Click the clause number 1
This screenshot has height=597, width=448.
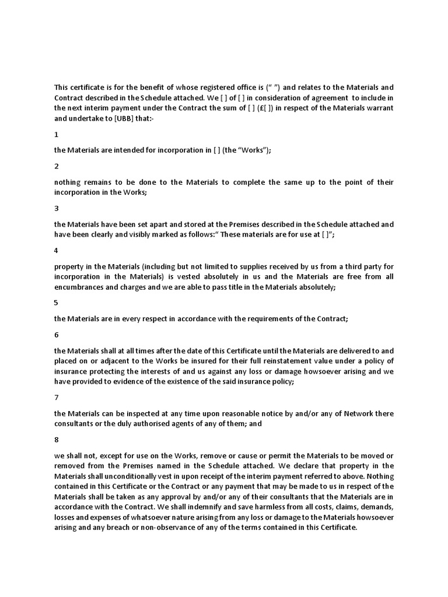57,134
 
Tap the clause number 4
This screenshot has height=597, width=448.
57,250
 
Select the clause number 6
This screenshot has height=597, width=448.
57,335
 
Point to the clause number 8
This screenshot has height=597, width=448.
57,440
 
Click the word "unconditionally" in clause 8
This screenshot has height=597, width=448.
126,476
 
